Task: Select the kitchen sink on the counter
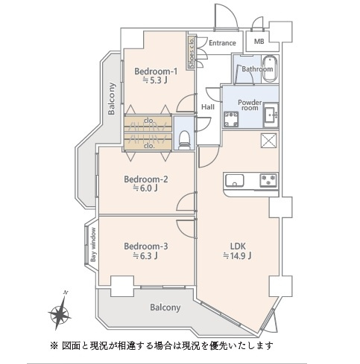pyautogui.click(x=235, y=179)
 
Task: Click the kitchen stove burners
pyautogui.click(x=266, y=179)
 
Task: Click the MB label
pyautogui.click(x=259, y=42)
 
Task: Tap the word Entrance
pyautogui.click(x=222, y=43)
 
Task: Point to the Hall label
pyautogui.click(x=208, y=106)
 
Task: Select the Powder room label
pyautogui.click(x=248, y=104)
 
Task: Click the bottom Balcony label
pyautogui.click(x=165, y=307)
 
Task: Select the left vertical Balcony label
pyautogui.click(x=111, y=99)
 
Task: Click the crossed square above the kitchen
pyautogui.click(x=268, y=141)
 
